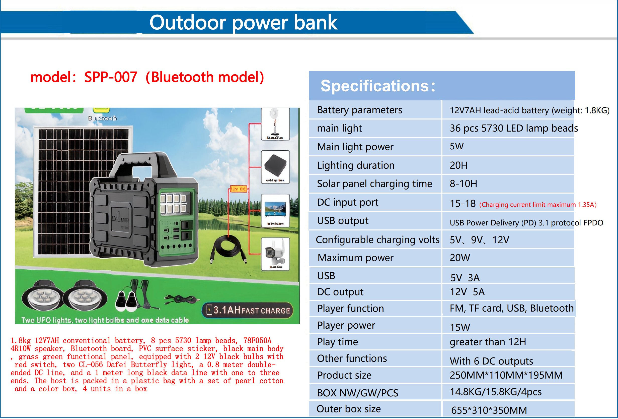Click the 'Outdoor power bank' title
243,23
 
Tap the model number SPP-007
111,77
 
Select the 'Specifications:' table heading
378,86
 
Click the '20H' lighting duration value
458,165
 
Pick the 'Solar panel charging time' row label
374,184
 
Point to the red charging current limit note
538,205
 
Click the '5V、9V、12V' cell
479,240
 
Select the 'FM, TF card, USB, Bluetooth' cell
511,308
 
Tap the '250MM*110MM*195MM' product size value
506,375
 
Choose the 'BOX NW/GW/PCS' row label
357,393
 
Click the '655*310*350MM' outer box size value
489,410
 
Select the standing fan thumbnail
275,124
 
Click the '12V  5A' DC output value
467,292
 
